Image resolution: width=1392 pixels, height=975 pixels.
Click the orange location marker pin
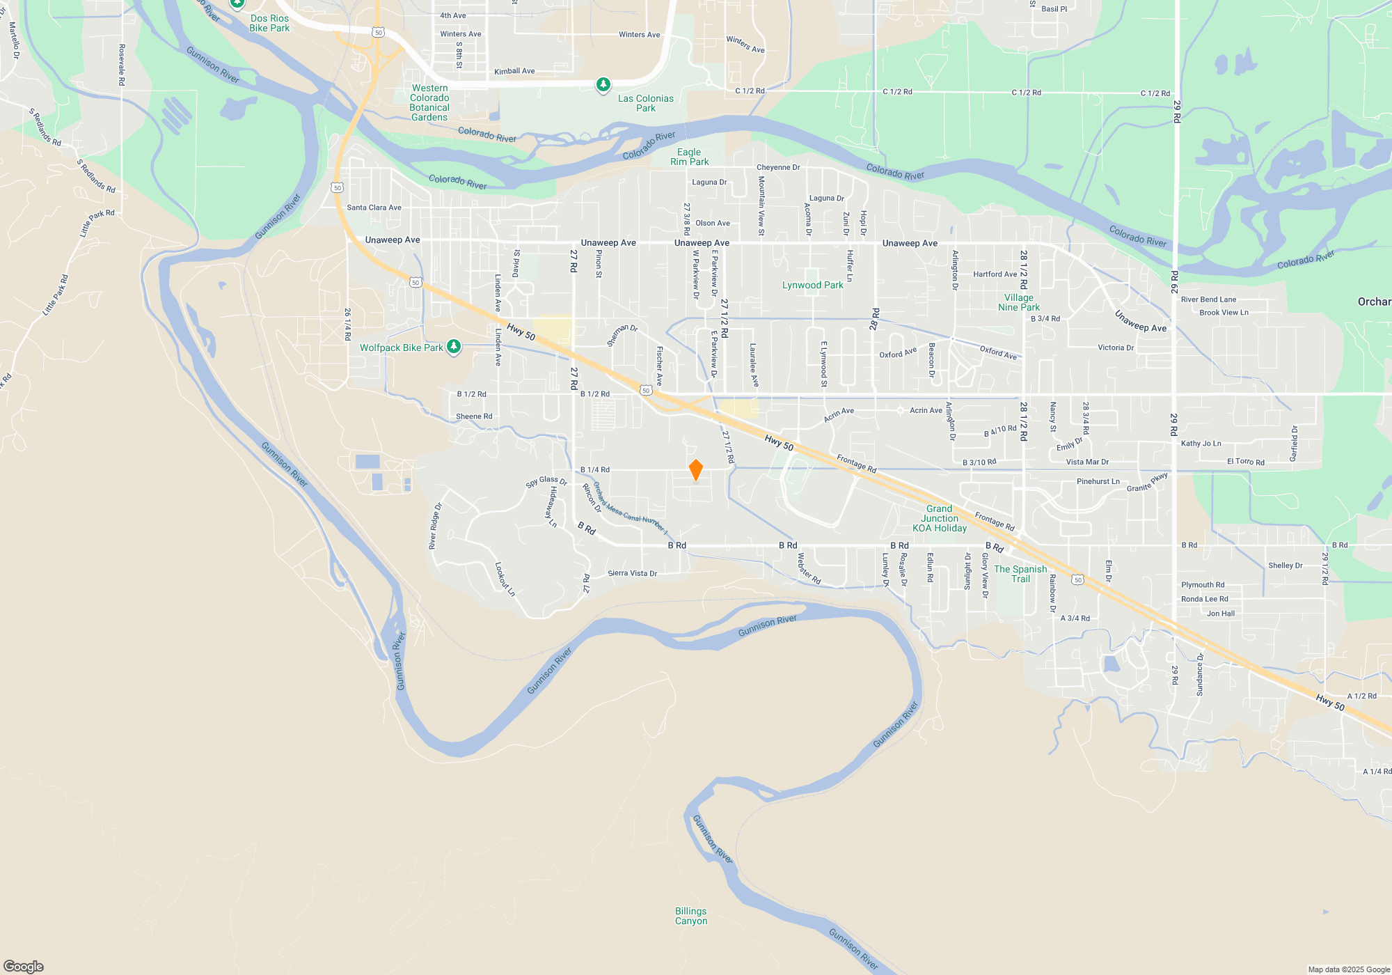[x=695, y=470]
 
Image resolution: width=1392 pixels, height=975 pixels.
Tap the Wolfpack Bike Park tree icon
[x=454, y=346]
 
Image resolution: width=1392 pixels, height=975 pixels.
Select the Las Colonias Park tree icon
[x=603, y=85]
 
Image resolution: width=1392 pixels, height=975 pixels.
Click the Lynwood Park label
[x=812, y=285]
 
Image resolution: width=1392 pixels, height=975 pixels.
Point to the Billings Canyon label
[x=690, y=916]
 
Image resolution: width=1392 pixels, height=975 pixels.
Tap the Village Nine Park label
[x=1019, y=302]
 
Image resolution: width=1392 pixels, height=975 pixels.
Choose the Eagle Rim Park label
[x=689, y=157]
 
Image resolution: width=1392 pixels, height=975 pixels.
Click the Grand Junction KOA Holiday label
[x=940, y=518]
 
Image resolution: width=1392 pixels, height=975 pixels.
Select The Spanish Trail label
[x=1020, y=574]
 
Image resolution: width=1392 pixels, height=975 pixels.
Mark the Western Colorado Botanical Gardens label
[x=429, y=103]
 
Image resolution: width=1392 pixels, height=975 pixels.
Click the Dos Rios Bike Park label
[x=269, y=23]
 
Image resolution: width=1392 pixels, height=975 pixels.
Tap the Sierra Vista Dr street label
[x=632, y=573]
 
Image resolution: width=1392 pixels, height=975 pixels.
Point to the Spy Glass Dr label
[x=546, y=481]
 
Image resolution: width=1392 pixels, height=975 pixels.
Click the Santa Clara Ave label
[x=374, y=208]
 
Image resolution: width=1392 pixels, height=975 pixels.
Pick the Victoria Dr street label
[x=1116, y=348]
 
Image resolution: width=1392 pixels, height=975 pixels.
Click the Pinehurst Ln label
[x=1098, y=481]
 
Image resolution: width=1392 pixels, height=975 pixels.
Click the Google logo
[x=24, y=966]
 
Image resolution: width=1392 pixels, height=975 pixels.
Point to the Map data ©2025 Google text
[x=1349, y=969]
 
